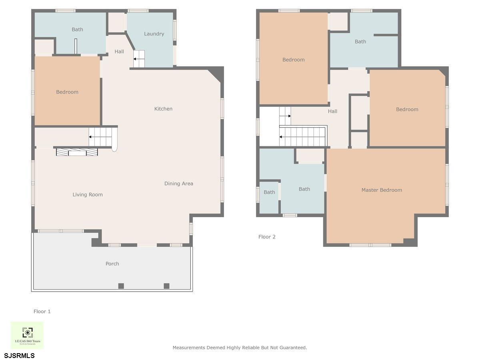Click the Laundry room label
[154, 34]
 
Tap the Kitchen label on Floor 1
[163, 109]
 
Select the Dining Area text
[178, 184]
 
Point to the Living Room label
[88, 195]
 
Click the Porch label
[112, 264]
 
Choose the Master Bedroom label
[382, 190]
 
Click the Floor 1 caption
[42, 311]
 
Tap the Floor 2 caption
[267, 237]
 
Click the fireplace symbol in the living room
[77, 152]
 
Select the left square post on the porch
[121, 286]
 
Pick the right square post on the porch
[166, 286]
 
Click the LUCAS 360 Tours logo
[27, 335]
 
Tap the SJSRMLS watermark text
[19, 355]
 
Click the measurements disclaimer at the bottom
[240, 348]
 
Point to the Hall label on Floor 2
[332, 111]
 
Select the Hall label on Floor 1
[119, 52]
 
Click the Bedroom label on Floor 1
[67, 92]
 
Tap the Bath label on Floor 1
[77, 30]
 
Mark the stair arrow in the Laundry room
[137, 59]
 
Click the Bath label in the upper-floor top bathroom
[360, 42]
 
